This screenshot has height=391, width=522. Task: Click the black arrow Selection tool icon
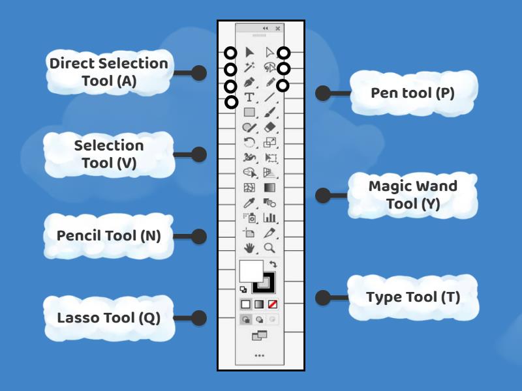coord(249,52)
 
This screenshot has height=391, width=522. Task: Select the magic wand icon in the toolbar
coord(249,67)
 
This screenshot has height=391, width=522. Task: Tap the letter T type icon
coord(249,97)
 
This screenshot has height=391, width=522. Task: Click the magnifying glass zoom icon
coord(269,248)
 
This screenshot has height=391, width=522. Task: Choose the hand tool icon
coord(249,248)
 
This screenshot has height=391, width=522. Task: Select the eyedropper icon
coord(248,203)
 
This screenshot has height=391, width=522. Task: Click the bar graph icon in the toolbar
coord(270,218)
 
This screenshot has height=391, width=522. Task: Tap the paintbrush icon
coord(271,111)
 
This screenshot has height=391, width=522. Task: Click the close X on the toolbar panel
coord(278,29)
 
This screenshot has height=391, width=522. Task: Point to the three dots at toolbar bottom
coord(260,355)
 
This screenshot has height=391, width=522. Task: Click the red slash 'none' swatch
coord(273,304)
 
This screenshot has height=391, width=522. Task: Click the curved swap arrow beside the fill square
coord(273,265)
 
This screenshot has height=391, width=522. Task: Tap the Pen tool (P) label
coord(412,93)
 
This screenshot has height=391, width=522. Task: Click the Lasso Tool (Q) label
coord(108,318)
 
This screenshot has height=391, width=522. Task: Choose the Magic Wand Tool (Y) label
coord(412,195)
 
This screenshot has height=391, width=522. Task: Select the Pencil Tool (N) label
coord(108,235)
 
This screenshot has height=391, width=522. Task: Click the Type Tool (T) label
coord(412,297)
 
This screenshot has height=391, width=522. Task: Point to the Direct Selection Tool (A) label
coord(108,72)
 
